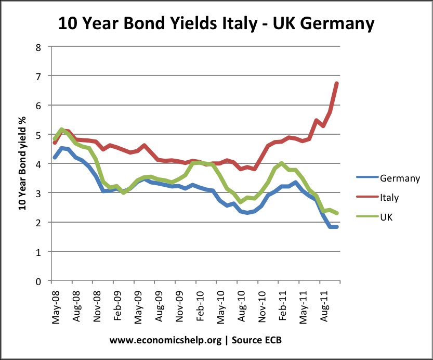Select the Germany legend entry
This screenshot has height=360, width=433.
click(399, 178)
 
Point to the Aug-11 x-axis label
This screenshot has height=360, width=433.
click(323, 307)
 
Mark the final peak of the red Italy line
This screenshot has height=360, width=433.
click(337, 83)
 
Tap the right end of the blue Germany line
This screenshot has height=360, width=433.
click(337, 227)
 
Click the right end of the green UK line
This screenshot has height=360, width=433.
click(337, 213)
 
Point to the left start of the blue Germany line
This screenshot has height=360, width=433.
click(55, 157)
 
